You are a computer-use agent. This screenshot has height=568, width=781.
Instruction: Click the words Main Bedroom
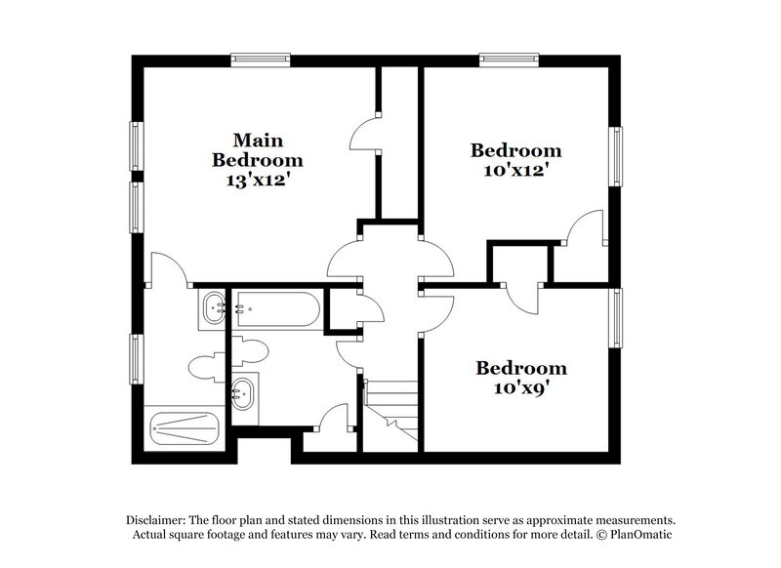point(258,149)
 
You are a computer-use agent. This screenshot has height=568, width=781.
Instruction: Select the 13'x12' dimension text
point(258,180)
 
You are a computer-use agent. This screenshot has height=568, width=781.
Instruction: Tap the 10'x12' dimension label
point(515,170)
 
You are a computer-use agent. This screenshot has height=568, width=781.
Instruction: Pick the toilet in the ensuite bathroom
point(205,367)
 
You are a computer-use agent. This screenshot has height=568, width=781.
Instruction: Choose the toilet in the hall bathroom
point(250,349)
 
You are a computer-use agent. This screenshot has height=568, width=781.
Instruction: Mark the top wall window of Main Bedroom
point(261,61)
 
